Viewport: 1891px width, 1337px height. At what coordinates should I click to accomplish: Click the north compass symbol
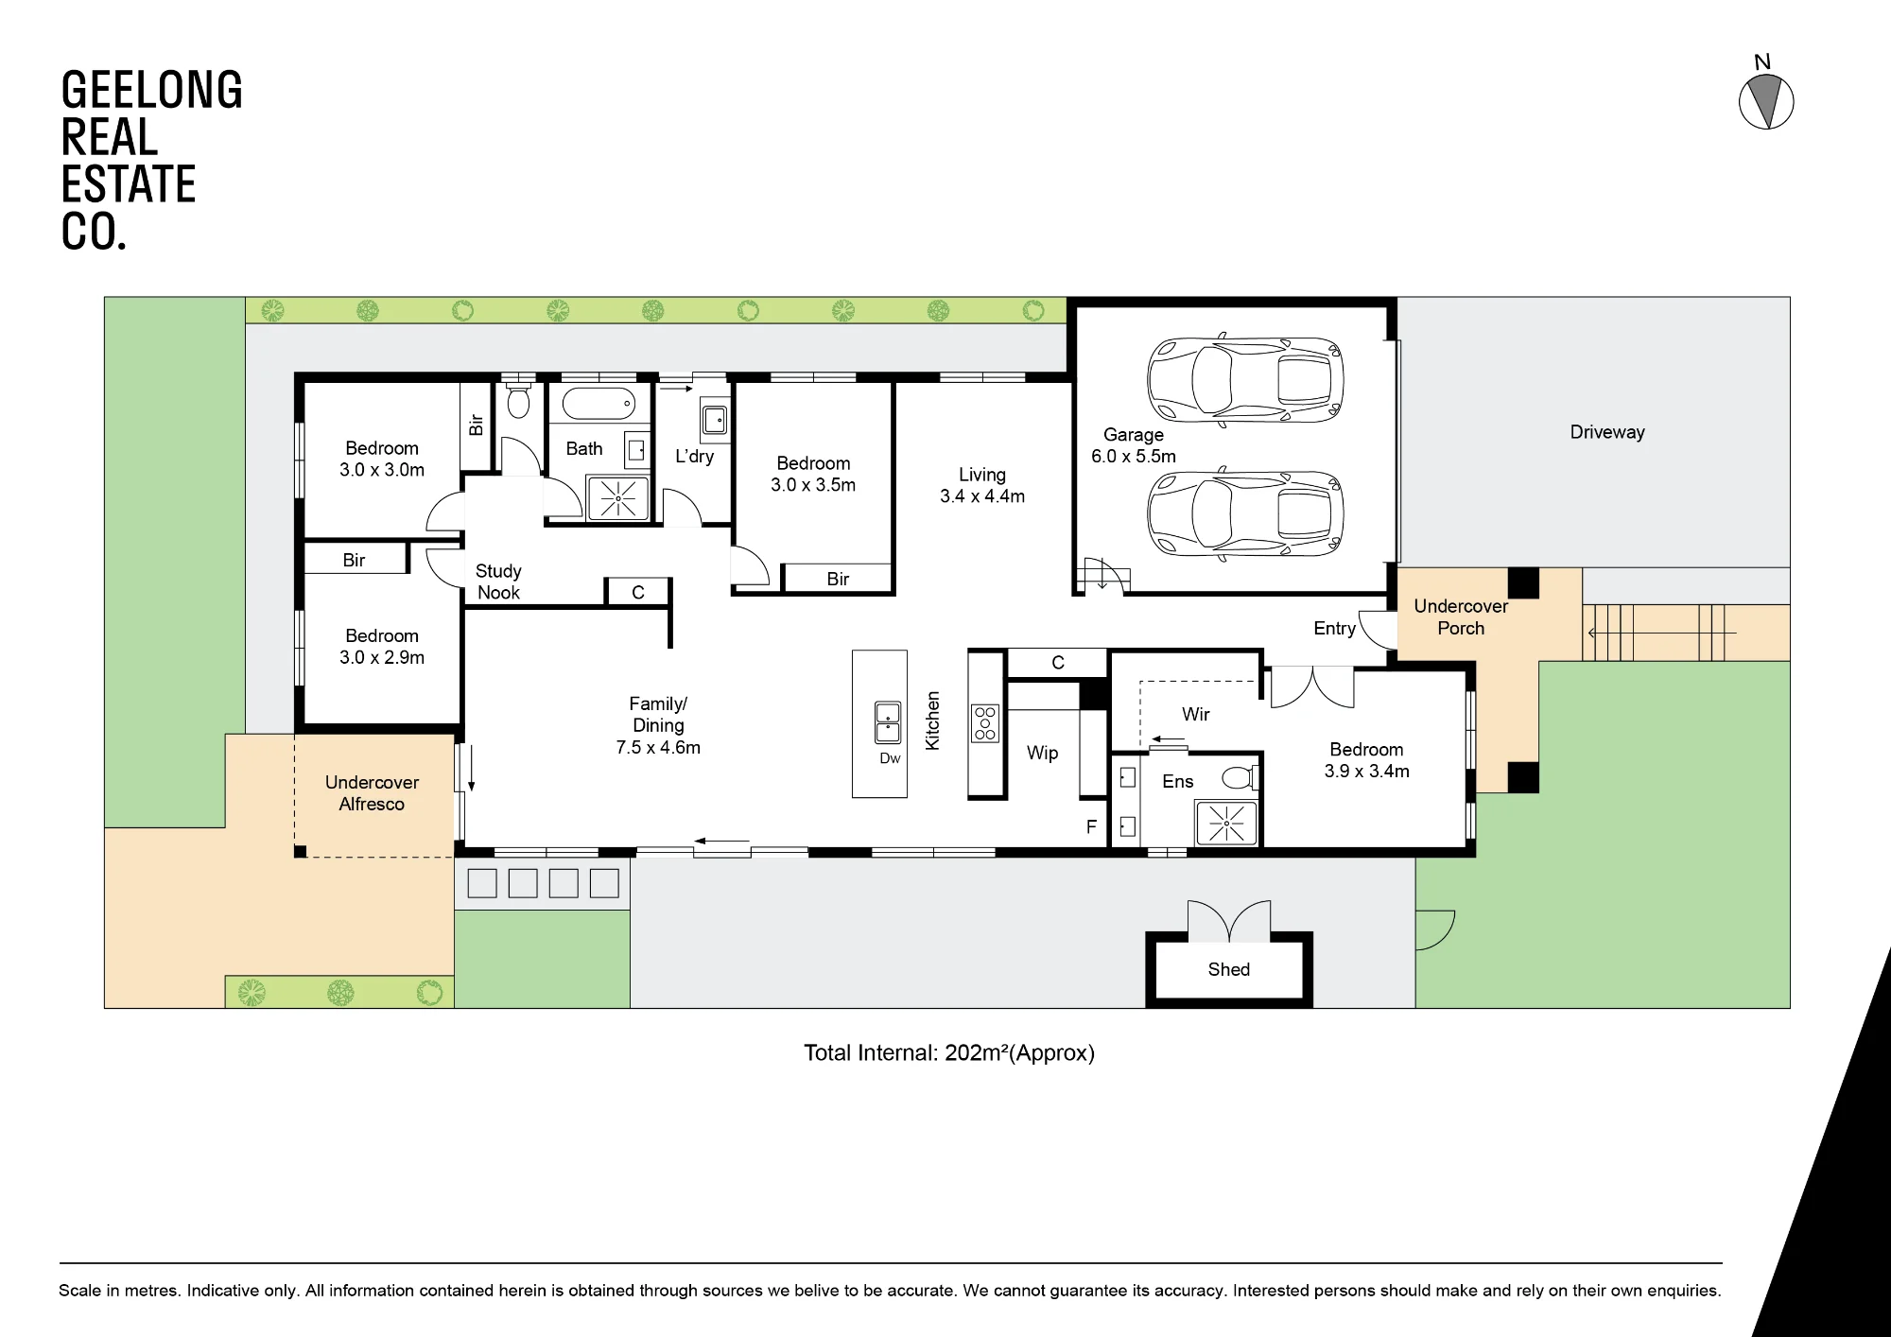point(1766,101)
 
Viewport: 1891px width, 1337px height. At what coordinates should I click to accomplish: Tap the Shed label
point(1228,969)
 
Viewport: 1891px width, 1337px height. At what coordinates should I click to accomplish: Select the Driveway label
point(1607,432)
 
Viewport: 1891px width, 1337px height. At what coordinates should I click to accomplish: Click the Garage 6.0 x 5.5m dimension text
point(1134,456)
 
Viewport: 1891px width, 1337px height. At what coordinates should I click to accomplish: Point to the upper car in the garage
point(1245,380)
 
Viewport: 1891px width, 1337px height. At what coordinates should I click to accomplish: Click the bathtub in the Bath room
point(599,404)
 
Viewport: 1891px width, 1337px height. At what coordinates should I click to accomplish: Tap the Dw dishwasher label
point(890,758)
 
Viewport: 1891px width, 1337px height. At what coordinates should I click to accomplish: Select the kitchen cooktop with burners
point(985,722)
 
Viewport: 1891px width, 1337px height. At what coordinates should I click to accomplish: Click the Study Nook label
point(498,582)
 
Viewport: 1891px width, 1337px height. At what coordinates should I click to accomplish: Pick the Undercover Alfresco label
point(372,793)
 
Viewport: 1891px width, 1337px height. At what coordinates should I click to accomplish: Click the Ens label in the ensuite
point(1177,781)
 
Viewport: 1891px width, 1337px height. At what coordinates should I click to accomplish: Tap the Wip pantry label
point(1042,753)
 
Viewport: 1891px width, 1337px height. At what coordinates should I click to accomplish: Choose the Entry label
point(1334,629)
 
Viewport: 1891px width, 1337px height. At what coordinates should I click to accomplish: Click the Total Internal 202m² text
point(949,1053)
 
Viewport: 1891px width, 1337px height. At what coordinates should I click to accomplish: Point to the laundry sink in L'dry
point(715,420)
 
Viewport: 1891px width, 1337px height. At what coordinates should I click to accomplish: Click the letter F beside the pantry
point(1091,827)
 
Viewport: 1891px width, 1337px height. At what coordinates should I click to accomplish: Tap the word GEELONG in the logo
point(151,90)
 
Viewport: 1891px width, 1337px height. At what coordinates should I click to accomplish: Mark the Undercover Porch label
point(1461,617)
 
